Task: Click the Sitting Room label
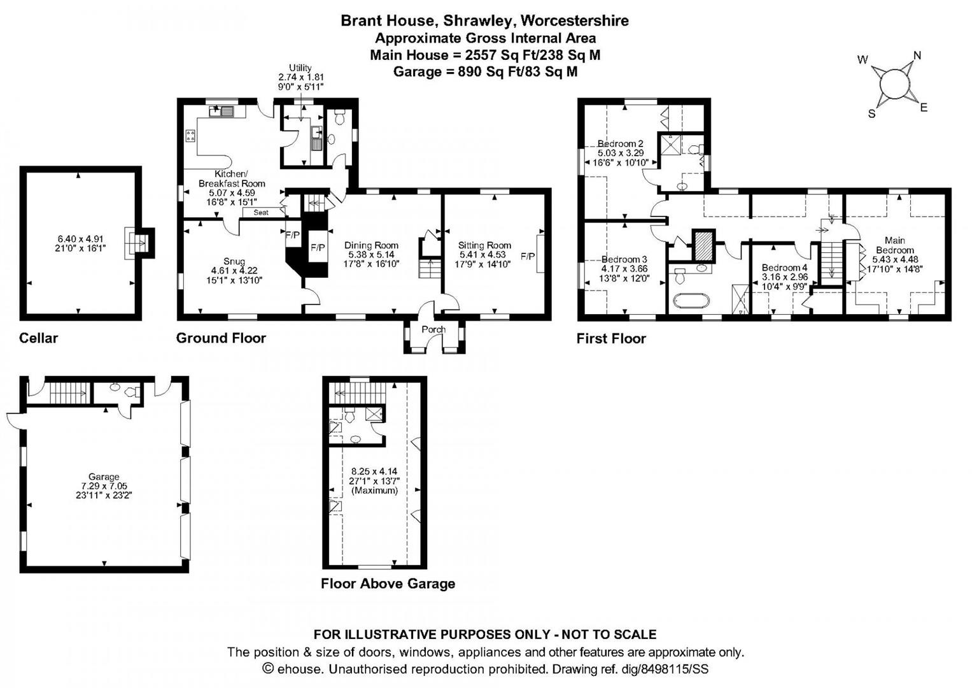pos(484,245)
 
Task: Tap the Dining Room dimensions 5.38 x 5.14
pos(371,254)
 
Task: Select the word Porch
pos(433,329)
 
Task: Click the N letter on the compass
pos(917,55)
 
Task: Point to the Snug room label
pos(234,262)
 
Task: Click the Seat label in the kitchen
pos(261,213)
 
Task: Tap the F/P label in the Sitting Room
pos(528,256)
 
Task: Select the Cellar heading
pos(38,338)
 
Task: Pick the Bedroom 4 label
pos(784,268)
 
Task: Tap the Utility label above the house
pos(300,68)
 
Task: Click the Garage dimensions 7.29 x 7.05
pos(104,486)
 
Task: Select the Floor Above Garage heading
pos(388,584)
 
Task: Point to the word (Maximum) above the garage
pos(374,491)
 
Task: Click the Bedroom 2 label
pos(620,144)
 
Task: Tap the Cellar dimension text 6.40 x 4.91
pos(80,240)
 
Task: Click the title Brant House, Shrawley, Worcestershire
pos(484,20)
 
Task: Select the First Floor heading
pos(611,339)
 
